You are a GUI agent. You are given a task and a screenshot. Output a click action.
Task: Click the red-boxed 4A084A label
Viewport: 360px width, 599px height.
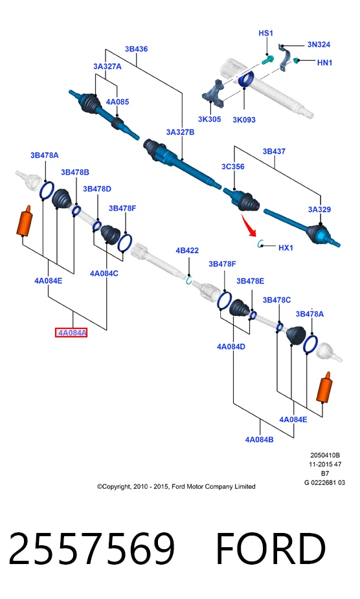point(71,333)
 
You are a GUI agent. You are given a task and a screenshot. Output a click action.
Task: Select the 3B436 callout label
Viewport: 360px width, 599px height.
point(136,49)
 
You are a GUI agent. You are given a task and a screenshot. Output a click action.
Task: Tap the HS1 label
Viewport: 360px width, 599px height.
point(265,33)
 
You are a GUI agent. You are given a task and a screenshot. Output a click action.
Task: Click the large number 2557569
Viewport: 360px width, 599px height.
point(92,548)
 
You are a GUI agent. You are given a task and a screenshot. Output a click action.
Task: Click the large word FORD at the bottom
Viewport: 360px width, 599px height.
point(271,548)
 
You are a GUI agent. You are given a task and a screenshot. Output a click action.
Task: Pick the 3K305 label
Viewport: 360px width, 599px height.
point(209,119)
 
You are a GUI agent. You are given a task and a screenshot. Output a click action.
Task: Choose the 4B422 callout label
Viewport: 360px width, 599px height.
point(187,251)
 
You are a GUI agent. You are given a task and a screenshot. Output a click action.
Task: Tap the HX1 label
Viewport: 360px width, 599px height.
point(286,247)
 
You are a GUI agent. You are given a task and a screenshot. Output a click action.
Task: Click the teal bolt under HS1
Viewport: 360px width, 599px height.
point(268,60)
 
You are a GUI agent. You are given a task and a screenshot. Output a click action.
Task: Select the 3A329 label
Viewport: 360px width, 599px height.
point(319,209)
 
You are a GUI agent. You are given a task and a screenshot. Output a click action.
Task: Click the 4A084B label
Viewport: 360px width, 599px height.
point(259,439)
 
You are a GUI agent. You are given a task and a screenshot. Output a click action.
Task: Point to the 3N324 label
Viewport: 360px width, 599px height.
point(319,44)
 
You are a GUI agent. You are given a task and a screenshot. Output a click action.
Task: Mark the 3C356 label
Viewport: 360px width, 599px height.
point(232,166)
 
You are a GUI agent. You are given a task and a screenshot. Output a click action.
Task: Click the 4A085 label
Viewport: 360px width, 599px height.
point(117,102)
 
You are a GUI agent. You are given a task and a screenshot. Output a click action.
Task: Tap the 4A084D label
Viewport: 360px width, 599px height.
point(231,346)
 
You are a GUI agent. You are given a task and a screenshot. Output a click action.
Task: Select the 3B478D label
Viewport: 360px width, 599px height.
point(97,188)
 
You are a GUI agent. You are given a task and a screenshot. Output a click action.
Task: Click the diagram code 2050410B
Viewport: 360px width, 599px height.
point(325,455)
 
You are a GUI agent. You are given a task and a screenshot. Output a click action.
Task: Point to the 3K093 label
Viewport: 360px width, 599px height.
point(244,120)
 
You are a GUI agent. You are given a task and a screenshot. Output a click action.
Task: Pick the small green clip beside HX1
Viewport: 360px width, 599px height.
point(261,243)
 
